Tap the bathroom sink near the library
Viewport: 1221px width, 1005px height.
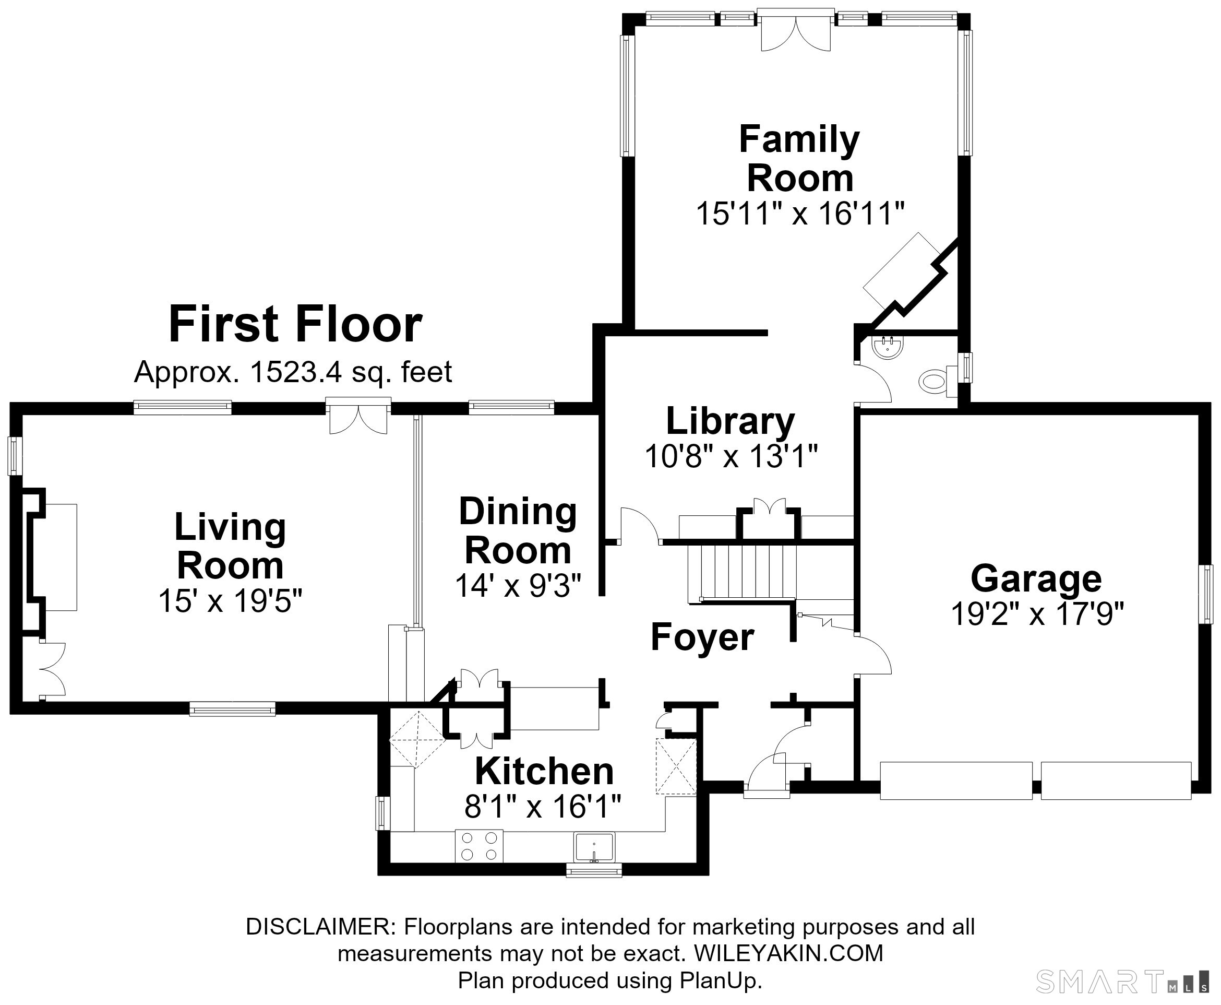[x=888, y=347]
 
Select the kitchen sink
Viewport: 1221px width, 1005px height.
[x=594, y=847]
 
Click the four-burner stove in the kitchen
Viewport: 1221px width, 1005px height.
[x=479, y=846]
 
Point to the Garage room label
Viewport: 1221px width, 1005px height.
[x=1036, y=578]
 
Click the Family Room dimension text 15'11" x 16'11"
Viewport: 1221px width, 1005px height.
[x=800, y=214]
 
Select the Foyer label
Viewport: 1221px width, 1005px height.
[x=702, y=637]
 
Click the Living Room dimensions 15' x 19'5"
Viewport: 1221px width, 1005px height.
[x=230, y=600]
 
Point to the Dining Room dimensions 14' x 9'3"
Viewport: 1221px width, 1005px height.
[x=518, y=585]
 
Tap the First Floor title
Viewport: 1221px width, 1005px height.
[x=295, y=324]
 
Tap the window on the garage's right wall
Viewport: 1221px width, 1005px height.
[x=1205, y=594]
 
